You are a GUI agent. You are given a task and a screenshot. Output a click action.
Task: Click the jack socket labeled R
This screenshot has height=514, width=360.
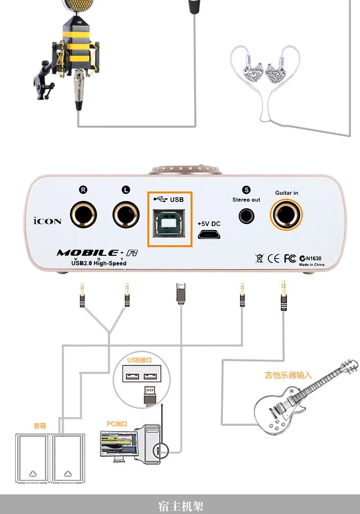tap(83, 215)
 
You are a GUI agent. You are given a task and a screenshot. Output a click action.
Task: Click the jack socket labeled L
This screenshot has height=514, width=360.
tap(126, 215)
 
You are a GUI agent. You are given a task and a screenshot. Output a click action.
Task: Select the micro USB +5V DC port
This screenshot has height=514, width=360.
tap(209, 234)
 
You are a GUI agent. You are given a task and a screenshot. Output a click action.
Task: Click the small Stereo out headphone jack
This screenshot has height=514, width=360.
tap(246, 216)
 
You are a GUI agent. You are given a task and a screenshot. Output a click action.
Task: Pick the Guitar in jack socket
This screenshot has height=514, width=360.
tap(287, 215)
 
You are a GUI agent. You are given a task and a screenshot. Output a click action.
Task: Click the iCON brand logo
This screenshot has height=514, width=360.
tap(47, 221)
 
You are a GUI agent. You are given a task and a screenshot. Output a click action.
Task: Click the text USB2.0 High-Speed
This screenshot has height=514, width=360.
tap(92, 263)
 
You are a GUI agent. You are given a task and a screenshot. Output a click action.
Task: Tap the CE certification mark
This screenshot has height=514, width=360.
tap(273, 258)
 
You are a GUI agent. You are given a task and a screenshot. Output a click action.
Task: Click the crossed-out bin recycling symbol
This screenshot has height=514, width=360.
tap(260, 258)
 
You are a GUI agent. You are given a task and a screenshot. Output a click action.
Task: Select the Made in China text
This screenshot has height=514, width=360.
tap(312, 264)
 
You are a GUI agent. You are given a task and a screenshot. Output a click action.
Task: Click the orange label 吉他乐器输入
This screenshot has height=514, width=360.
tap(288, 375)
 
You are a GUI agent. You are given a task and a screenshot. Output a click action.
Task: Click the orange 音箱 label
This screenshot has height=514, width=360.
tap(39, 425)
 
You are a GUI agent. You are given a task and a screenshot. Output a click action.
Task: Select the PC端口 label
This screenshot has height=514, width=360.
tap(117, 424)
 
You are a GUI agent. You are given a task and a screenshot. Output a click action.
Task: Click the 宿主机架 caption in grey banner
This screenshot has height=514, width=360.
tap(180, 506)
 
